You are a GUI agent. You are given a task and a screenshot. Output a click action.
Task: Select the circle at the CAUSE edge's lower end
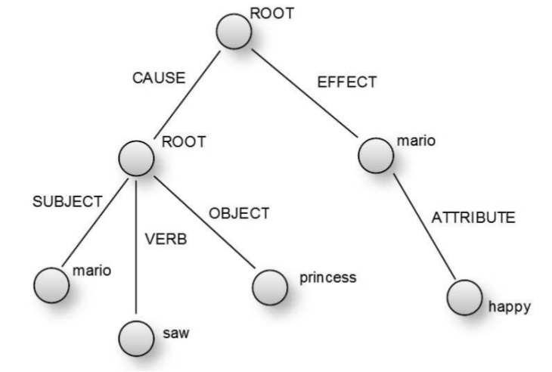click(136, 157)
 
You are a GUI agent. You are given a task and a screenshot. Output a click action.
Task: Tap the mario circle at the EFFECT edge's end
click(376, 153)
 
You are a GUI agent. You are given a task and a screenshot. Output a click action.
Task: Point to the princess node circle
click(270, 286)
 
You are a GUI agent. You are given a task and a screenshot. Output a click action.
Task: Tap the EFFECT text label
click(346, 82)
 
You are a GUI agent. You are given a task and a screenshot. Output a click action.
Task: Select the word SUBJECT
click(67, 201)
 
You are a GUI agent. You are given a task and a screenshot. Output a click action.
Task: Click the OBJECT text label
click(239, 214)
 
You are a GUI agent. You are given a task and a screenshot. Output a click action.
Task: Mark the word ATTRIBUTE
click(473, 218)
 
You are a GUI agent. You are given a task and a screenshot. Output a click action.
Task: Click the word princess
click(327, 277)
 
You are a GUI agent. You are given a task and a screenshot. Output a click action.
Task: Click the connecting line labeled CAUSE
click(185, 95)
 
